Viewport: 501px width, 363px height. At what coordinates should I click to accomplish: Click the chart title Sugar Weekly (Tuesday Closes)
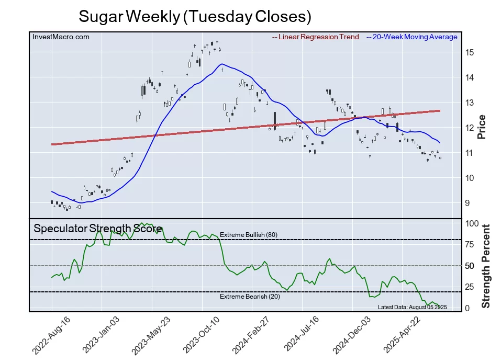tap(195, 16)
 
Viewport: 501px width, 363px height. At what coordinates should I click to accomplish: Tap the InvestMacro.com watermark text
tap(61, 37)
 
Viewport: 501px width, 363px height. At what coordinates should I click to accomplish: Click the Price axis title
tap(482, 127)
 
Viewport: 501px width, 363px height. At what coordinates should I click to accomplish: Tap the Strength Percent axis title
tap(486, 266)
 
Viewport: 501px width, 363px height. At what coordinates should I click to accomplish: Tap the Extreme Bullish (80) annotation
tap(248, 235)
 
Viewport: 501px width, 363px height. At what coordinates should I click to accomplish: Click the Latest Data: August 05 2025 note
tap(411, 307)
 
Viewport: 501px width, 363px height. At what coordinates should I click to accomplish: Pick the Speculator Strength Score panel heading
tap(97, 229)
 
